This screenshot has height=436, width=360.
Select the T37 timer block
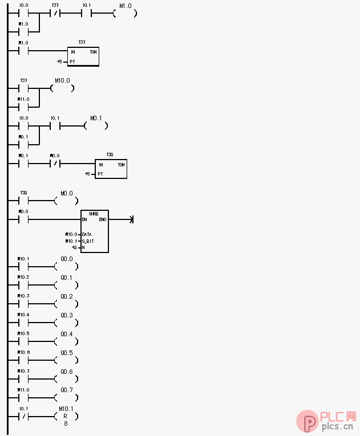pos(83,56)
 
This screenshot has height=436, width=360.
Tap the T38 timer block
pos(111,169)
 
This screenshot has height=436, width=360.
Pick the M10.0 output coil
pos(62,88)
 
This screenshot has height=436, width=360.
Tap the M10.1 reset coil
pos(66,417)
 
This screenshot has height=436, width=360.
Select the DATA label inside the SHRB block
pos(87,234)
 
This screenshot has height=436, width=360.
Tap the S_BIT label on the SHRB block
pos(88,241)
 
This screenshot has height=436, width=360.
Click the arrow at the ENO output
pos(132,219)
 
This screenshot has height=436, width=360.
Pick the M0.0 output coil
pos(66,201)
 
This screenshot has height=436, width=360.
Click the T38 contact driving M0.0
pos(23,201)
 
